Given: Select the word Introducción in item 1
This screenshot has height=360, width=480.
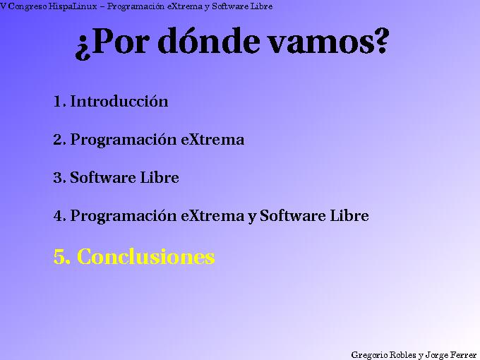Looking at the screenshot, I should point(119,101).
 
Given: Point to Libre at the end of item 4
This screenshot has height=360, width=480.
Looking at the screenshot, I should point(349,216).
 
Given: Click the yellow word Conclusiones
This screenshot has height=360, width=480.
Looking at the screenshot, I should point(145,257).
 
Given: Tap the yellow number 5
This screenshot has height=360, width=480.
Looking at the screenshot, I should point(61,257).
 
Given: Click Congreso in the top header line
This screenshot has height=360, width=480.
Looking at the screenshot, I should point(28,6).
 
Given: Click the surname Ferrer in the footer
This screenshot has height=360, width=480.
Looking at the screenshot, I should point(463,354).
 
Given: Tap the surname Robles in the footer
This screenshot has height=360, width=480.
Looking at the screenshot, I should point(402,354).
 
